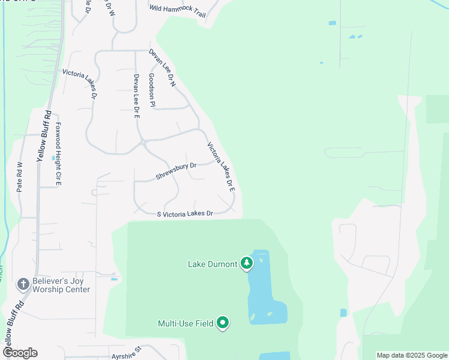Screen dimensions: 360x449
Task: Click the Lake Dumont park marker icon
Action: pyautogui.click(x=246, y=263)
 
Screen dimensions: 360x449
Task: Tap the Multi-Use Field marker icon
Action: pyautogui.click(x=223, y=323)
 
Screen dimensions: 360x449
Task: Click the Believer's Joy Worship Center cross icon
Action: pyautogui.click(x=23, y=284)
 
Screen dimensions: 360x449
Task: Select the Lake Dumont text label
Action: pyautogui.click(x=212, y=264)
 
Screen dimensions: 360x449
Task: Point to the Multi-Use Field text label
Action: pyautogui.click(x=185, y=323)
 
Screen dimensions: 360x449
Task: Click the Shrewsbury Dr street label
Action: pyautogui.click(x=176, y=171)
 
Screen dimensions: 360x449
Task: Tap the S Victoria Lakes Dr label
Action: pyautogui.click(x=185, y=214)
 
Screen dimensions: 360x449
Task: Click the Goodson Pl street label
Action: pyautogui.click(x=152, y=92)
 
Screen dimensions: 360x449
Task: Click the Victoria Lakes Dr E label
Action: pyautogui.click(x=221, y=166)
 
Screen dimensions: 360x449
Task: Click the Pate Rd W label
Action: pyautogui.click(x=19, y=176)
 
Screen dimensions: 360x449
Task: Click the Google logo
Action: pyautogui.click(x=20, y=353)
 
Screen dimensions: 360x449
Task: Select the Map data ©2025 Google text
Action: pyautogui.click(x=412, y=355)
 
